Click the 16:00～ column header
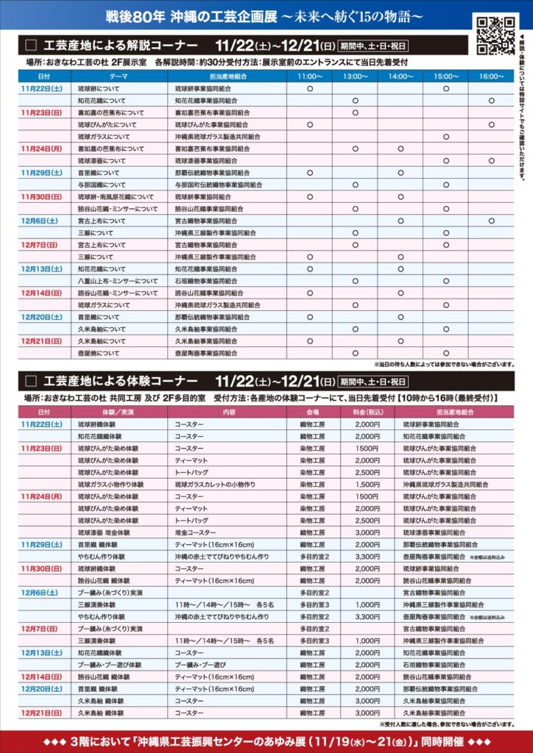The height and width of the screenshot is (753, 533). (x=491, y=76)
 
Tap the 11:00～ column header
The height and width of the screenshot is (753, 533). (x=310, y=76)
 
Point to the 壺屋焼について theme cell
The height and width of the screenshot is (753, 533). (x=99, y=353)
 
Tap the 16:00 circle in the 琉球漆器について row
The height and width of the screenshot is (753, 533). (x=491, y=160)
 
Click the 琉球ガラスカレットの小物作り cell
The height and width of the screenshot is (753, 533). (x=215, y=485)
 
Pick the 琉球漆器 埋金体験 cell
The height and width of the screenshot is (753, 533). (x=104, y=532)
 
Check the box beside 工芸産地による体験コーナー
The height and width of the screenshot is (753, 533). (x=30, y=381)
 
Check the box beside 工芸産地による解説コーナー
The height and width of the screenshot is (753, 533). (x=30, y=44)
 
